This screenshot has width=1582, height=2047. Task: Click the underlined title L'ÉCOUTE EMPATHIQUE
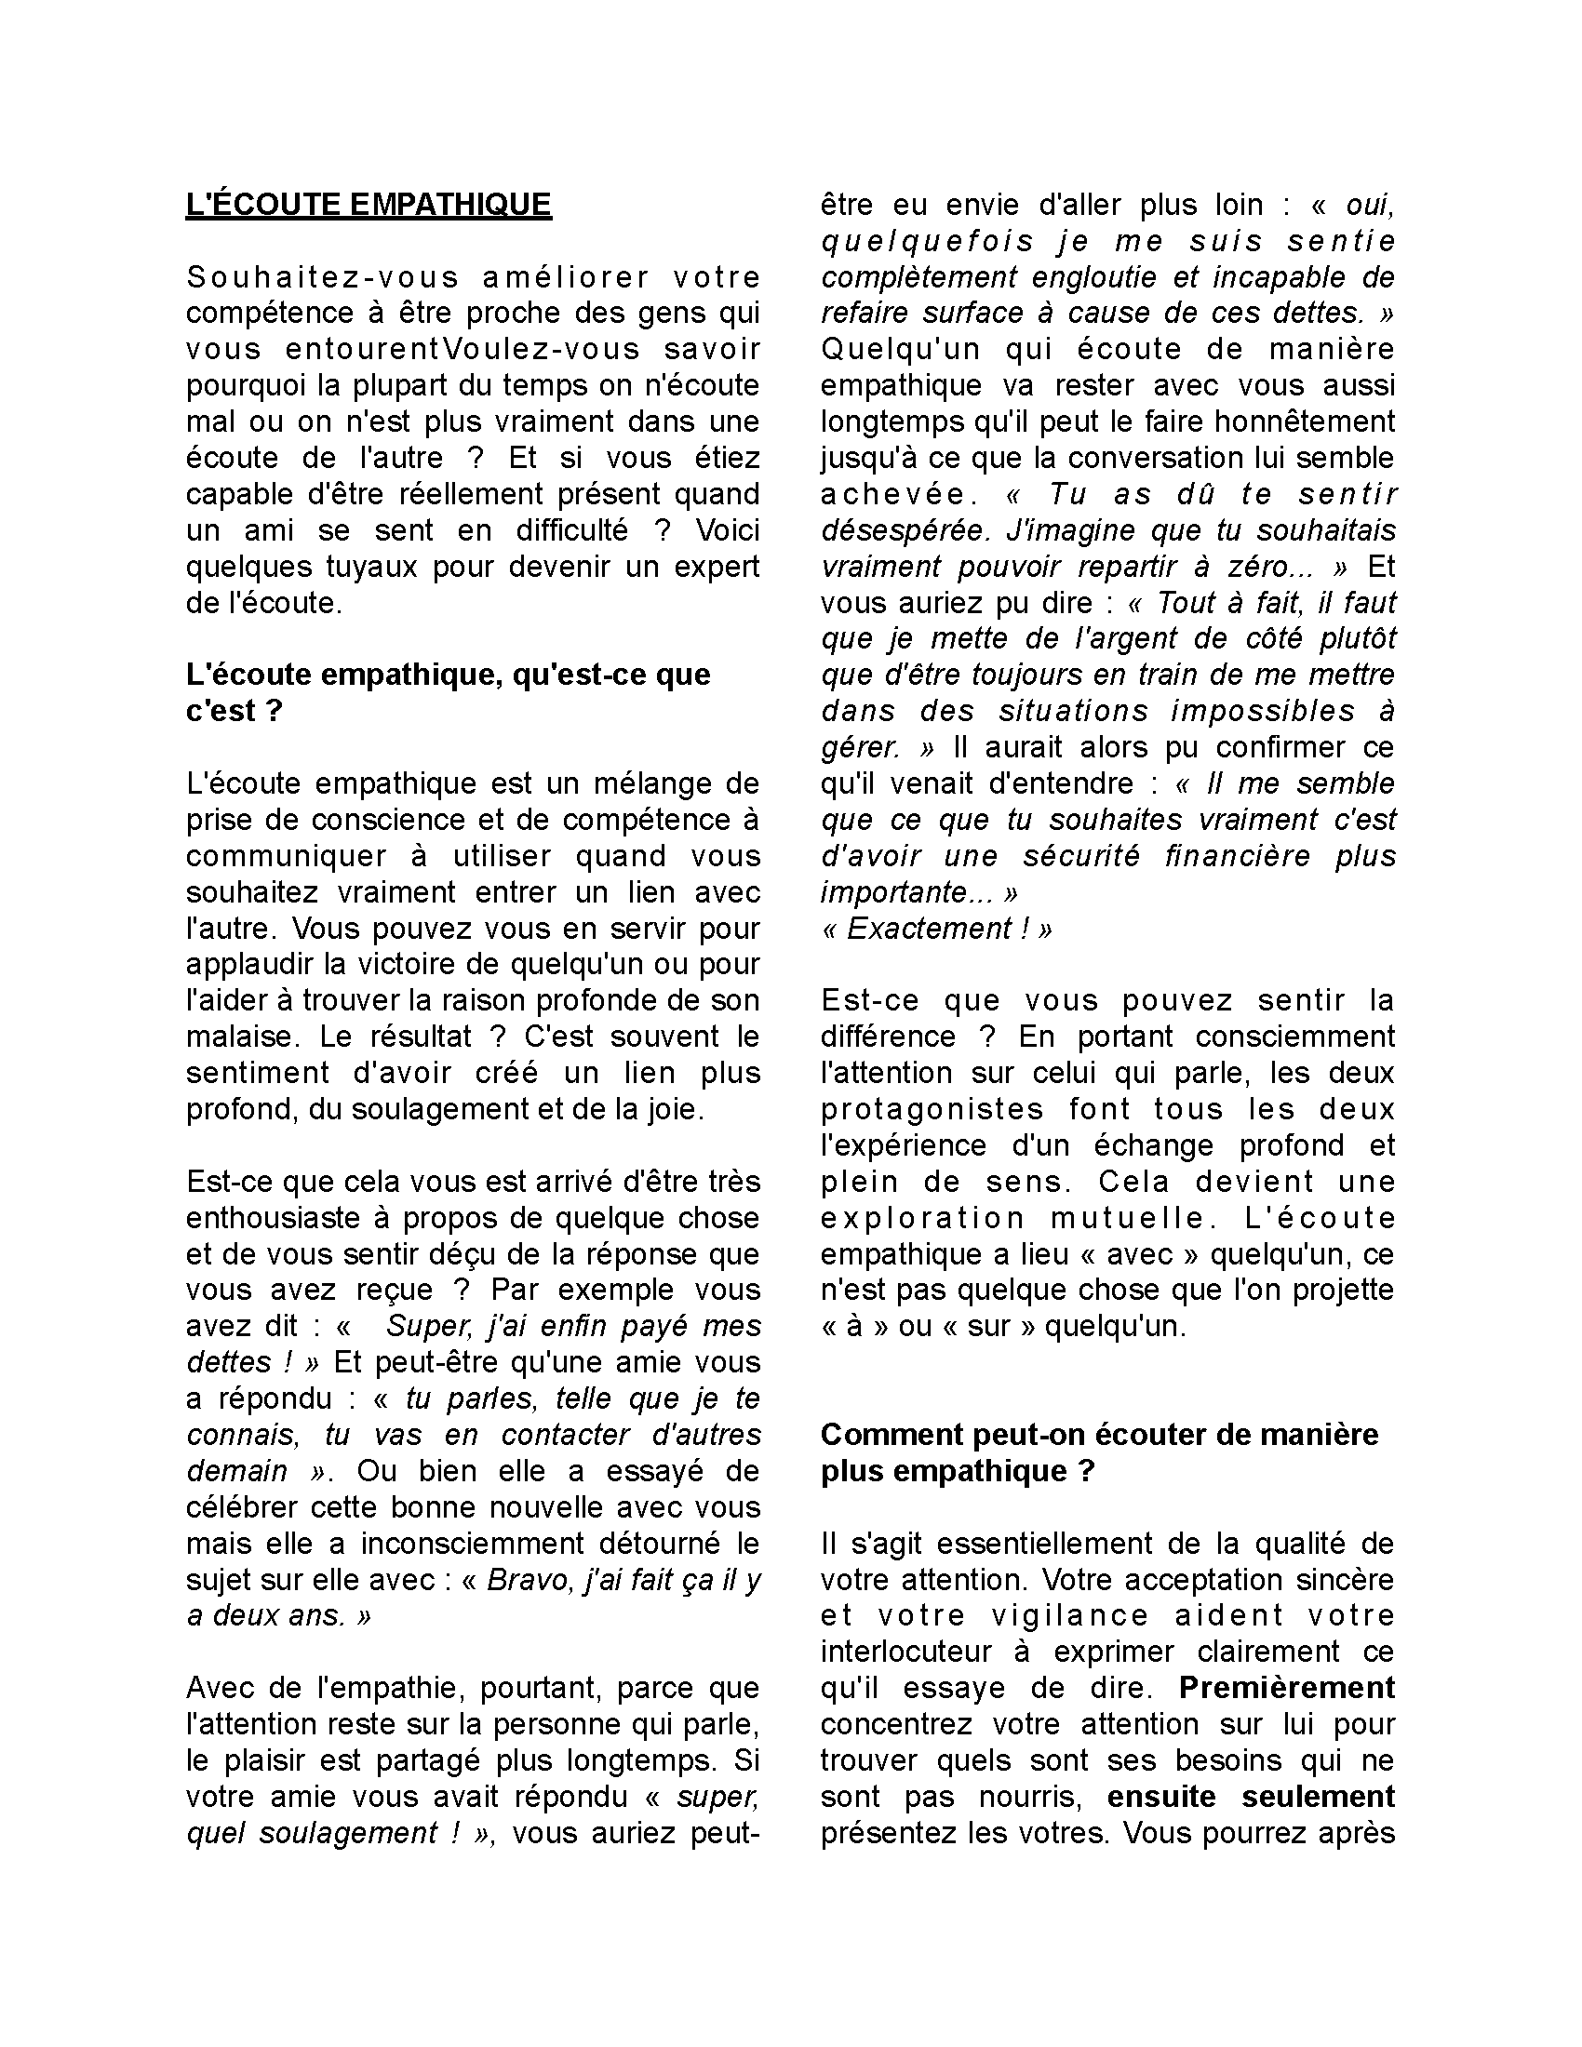pyautogui.click(x=369, y=205)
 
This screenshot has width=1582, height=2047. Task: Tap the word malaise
pyautogui.click(x=239, y=1037)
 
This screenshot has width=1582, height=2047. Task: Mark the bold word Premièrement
pyautogui.click(x=1287, y=1688)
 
